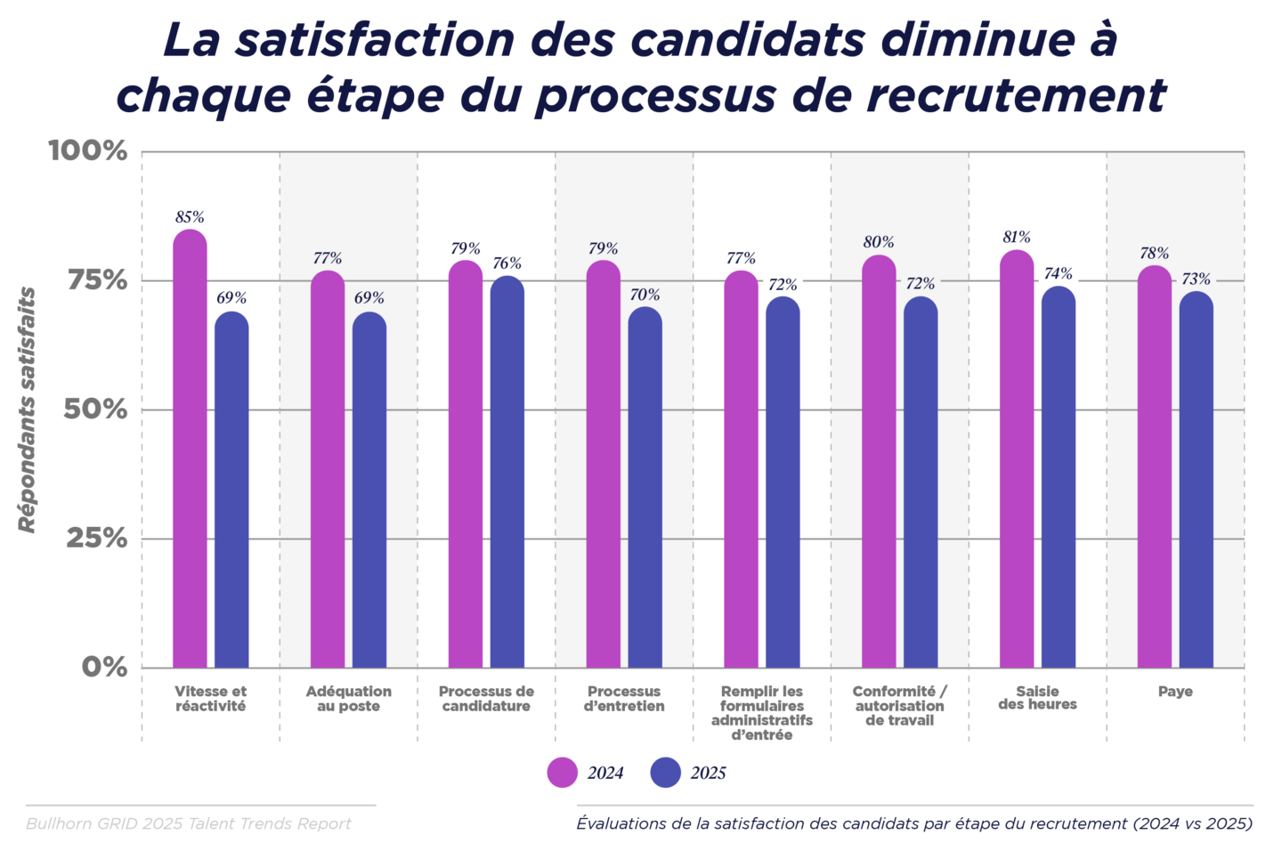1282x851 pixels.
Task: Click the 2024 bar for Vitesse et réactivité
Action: (x=190, y=450)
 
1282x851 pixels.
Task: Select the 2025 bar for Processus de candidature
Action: (x=507, y=473)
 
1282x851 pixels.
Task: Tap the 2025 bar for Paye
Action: (x=1196, y=481)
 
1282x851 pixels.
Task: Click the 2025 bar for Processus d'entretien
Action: (x=645, y=488)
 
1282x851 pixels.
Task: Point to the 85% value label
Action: (x=190, y=217)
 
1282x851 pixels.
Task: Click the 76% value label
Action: (x=507, y=263)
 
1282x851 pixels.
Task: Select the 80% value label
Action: (x=879, y=242)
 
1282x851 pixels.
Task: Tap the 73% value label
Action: (x=1196, y=280)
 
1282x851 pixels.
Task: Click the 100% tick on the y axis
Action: (x=88, y=150)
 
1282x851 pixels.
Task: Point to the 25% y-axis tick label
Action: (x=96, y=539)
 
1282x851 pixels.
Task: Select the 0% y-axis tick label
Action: (x=105, y=667)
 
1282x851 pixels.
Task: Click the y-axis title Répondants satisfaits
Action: (x=28, y=409)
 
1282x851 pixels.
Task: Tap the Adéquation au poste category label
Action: (x=348, y=699)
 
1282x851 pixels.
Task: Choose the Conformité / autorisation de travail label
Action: (x=899, y=706)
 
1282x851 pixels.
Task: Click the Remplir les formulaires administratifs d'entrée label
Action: (x=761, y=713)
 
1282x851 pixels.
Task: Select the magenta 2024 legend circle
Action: (x=562, y=773)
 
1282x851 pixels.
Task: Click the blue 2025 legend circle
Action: (x=665, y=773)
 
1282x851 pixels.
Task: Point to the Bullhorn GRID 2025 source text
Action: (x=189, y=823)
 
